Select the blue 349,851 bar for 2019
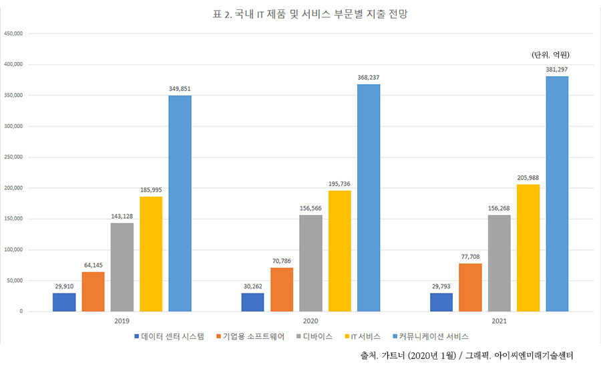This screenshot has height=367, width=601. pyautogui.click(x=180, y=204)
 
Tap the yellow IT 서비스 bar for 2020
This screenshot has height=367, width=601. pyautogui.click(x=339, y=251)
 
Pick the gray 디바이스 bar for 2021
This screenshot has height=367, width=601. pyautogui.click(x=499, y=263)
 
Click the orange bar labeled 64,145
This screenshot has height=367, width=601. pyautogui.click(x=93, y=292)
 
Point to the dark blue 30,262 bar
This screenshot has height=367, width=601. pyautogui.click(x=252, y=302)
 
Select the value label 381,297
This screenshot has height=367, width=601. pyautogui.click(x=557, y=69)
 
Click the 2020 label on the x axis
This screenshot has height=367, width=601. pyautogui.click(x=311, y=321)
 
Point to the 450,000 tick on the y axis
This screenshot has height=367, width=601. pyautogui.click(x=13, y=33)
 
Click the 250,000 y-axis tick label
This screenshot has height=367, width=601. pyautogui.click(x=13, y=157)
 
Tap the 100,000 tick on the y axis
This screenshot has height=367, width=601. pyautogui.click(x=13, y=250)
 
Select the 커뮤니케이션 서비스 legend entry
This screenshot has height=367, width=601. pyautogui.click(x=431, y=336)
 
